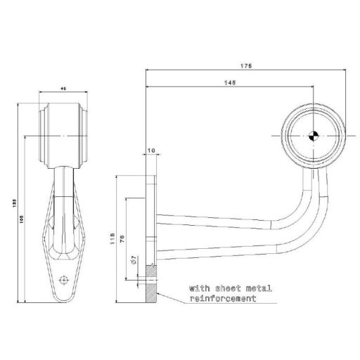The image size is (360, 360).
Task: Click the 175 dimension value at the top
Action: tap(245, 66)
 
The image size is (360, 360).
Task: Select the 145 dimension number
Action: tap(229, 83)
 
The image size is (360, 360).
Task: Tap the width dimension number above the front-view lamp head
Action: tap(63, 89)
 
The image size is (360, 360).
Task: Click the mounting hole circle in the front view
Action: tap(64, 278)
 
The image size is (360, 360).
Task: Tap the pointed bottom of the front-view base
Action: tap(63, 301)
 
